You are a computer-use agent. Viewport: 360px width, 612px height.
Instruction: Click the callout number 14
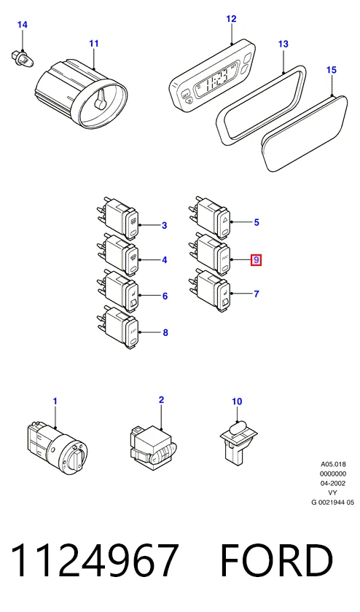tap(23, 25)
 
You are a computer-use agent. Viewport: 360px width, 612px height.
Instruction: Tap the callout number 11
tap(94, 43)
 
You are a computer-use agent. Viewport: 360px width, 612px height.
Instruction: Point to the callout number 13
tap(283, 44)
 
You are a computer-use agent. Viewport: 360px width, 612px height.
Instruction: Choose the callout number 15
tap(331, 70)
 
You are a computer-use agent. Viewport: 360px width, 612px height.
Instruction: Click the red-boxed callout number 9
tap(256, 259)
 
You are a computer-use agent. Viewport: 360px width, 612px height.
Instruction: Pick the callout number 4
tap(165, 259)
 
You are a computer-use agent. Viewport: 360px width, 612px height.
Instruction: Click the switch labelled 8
tap(117, 327)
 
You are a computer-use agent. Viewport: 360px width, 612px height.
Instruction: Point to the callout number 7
tap(256, 294)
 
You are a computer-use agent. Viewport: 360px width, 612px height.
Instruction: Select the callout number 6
tap(165, 297)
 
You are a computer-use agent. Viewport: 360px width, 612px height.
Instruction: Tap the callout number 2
tap(161, 400)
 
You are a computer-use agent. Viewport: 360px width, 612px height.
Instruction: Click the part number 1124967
tap(95, 560)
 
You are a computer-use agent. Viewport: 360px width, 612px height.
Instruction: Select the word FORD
tap(276, 560)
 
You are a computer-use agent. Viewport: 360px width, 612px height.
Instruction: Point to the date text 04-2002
tap(333, 483)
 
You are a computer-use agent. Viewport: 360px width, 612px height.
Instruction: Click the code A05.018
tap(333, 465)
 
